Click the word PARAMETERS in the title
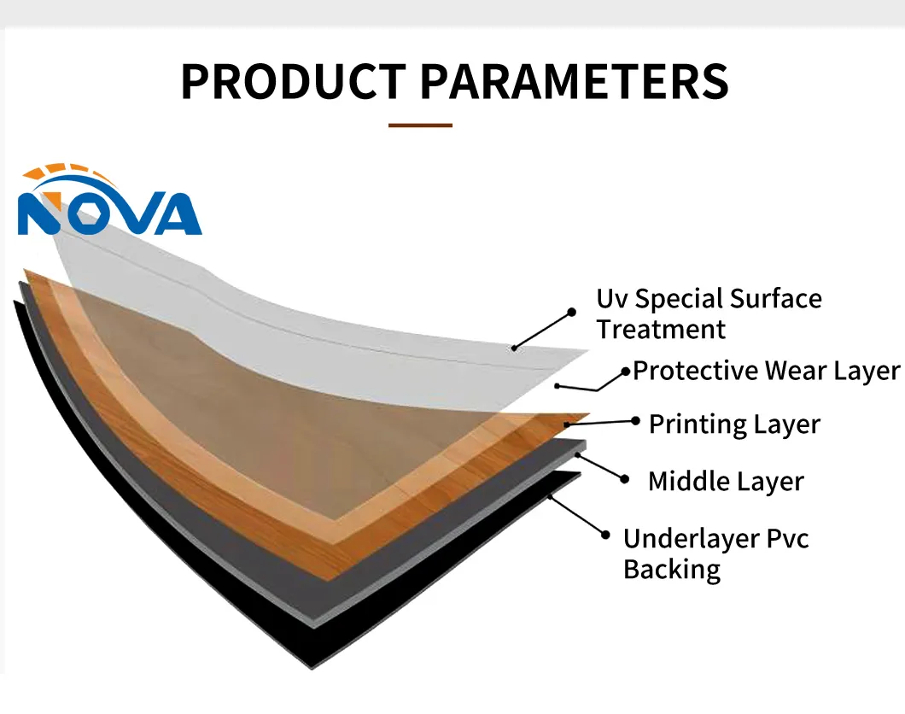tap(575, 81)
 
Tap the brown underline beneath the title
tap(420, 125)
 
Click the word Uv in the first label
tap(612, 299)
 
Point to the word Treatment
tap(661, 330)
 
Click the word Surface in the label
tap(775, 299)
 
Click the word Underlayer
tap(692, 539)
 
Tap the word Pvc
tap(788, 539)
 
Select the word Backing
tap(672, 571)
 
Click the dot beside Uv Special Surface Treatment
tap(571, 313)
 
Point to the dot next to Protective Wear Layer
tap(626, 372)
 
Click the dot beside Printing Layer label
tap(635, 421)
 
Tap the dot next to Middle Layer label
tap(624, 479)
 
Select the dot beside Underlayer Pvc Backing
tap(605, 535)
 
